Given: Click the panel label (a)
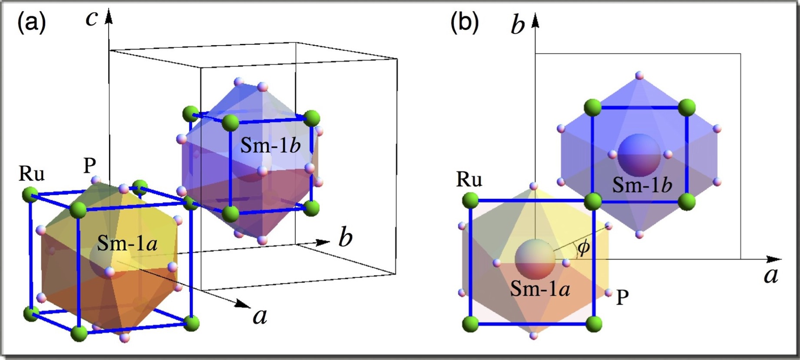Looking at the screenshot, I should point(31,23).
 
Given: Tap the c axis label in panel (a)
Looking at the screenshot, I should point(92,19).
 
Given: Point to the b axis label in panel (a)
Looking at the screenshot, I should point(345,238).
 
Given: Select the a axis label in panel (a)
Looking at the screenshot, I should point(260,316).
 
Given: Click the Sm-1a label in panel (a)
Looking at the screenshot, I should point(127,243).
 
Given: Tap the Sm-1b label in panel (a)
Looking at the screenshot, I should point(271,145).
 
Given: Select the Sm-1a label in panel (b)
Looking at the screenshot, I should point(540,288).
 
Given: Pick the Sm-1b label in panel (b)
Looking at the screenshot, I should point(642,185).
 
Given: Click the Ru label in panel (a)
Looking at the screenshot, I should point(32,174).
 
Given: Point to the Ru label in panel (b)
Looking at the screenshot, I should point(469,179).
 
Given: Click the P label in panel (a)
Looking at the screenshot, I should point(89,165).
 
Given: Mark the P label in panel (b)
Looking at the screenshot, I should point(622,297).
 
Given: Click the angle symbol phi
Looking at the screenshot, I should point(583,248).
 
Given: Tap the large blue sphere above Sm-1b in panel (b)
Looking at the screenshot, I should point(639,155).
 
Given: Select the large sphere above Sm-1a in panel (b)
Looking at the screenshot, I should point(535,259).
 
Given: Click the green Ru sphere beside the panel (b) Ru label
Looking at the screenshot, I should point(470,201).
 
